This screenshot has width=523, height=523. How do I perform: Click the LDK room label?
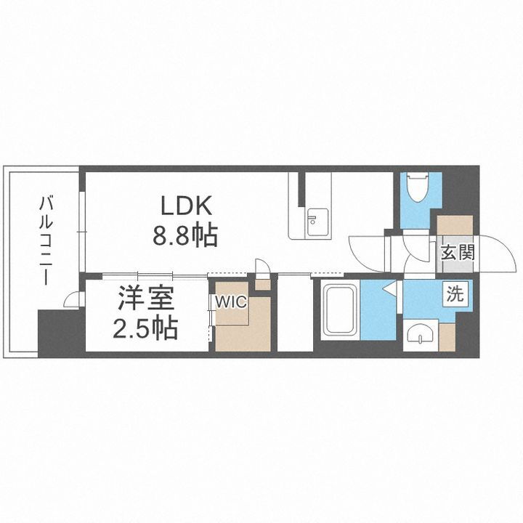pyautogui.click(x=186, y=206)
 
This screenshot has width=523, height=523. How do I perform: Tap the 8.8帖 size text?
pyautogui.click(x=186, y=236)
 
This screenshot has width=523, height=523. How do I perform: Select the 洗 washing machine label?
pyautogui.click(x=454, y=295)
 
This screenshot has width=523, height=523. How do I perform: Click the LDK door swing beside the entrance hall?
pyautogui.click(x=367, y=251)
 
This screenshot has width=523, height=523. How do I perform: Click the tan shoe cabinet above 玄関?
pyautogui.click(x=455, y=225)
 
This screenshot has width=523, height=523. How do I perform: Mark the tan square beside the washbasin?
pyautogui.click(x=447, y=336)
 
